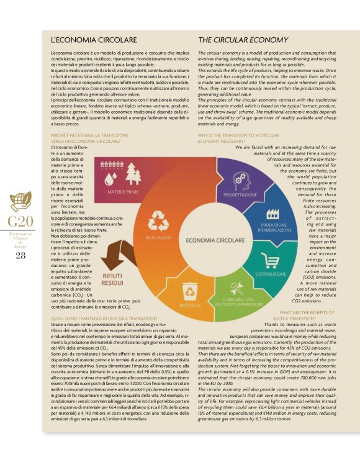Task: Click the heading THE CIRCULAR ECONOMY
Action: click(x=243, y=40)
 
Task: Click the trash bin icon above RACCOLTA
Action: click(x=189, y=289)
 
